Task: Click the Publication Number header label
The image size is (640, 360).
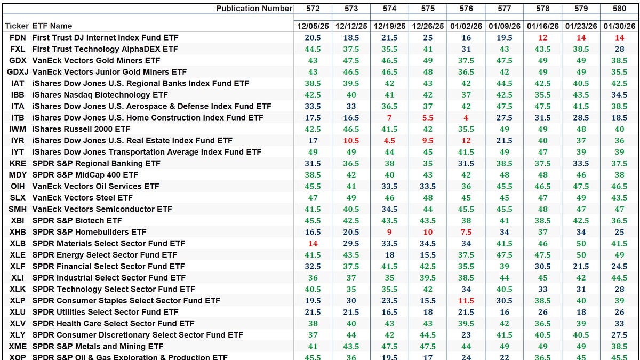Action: click(x=254, y=8)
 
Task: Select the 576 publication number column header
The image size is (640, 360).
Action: click(x=466, y=8)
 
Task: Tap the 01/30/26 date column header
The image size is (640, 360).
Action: click(x=619, y=26)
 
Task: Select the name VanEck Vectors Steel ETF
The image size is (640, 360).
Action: click(x=82, y=197)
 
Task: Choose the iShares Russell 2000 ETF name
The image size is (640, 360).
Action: click(x=81, y=129)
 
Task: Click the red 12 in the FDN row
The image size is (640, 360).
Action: click(x=542, y=37)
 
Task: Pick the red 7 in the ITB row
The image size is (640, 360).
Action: click(x=390, y=117)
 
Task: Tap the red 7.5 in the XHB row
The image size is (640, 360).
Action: click(x=466, y=232)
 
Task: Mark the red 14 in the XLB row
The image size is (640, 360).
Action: click(x=313, y=243)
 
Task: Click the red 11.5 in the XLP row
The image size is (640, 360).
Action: click(x=466, y=300)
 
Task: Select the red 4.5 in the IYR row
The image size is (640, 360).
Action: click(x=390, y=140)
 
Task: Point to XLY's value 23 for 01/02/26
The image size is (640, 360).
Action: click(x=466, y=335)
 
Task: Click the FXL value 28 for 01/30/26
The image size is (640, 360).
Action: click(x=619, y=49)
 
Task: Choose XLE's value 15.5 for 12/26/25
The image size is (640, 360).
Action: click(x=428, y=255)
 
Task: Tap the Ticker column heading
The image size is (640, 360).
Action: click(x=16, y=26)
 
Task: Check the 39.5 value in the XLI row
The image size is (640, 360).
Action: click(x=428, y=277)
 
